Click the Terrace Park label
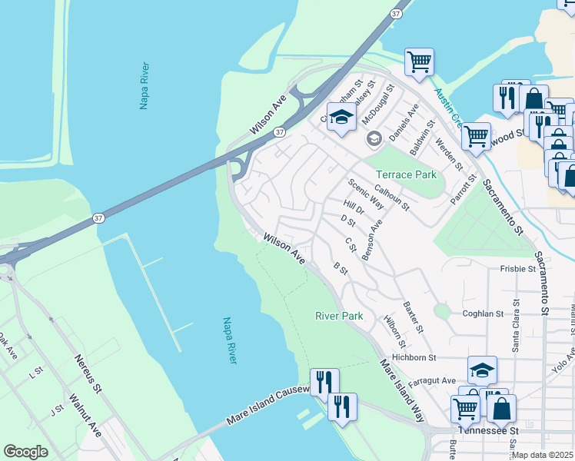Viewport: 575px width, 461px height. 405,174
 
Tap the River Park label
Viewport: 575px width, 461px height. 338,316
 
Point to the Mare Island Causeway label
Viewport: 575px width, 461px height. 268,406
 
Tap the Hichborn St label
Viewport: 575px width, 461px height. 414,357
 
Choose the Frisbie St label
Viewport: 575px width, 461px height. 517,269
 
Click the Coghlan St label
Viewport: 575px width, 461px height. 482,313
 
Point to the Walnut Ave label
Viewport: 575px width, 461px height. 85,413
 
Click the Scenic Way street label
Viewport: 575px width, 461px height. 366,194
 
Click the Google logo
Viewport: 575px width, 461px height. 25,452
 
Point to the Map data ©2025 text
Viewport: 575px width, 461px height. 542,455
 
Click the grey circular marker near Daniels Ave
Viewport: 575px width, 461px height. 374,138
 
